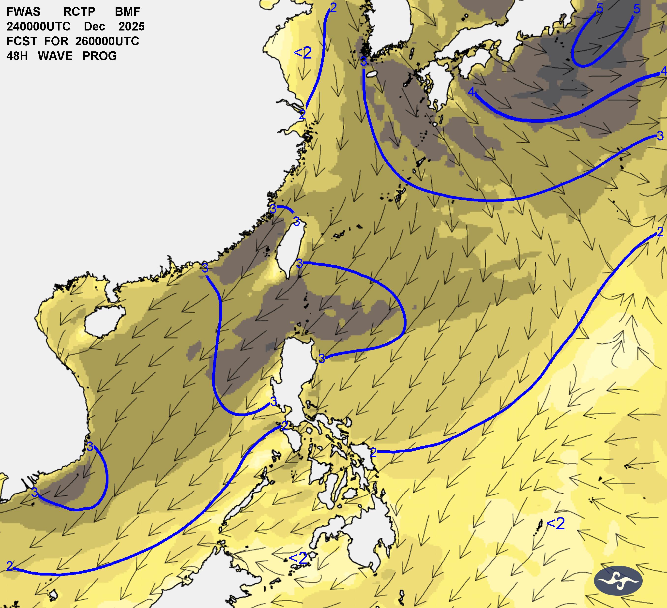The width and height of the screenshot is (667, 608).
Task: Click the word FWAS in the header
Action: (x=24, y=12)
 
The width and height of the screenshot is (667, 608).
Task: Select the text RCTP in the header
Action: (x=79, y=12)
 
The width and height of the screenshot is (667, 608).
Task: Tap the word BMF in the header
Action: (x=127, y=12)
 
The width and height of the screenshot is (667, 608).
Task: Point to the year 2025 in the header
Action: (x=131, y=27)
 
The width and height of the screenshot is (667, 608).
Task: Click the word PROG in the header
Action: (x=100, y=56)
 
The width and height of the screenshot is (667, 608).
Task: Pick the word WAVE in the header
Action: (x=55, y=56)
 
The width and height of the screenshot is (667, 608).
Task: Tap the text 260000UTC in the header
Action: (x=107, y=41)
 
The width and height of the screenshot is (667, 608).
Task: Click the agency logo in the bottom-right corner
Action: (x=618, y=580)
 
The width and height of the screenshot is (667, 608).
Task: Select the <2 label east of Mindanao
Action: (x=556, y=523)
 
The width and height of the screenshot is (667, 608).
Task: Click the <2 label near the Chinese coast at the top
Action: (x=303, y=53)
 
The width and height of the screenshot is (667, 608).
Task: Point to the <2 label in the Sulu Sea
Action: (x=298, y=558)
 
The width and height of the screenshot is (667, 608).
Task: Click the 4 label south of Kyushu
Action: (x=471, y=91)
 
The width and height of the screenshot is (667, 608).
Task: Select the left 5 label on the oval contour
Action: (x=600, y=9)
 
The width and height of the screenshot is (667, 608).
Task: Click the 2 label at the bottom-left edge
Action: (x=10, y=566)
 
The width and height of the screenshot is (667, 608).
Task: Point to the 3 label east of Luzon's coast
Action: (x=321, y=358)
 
